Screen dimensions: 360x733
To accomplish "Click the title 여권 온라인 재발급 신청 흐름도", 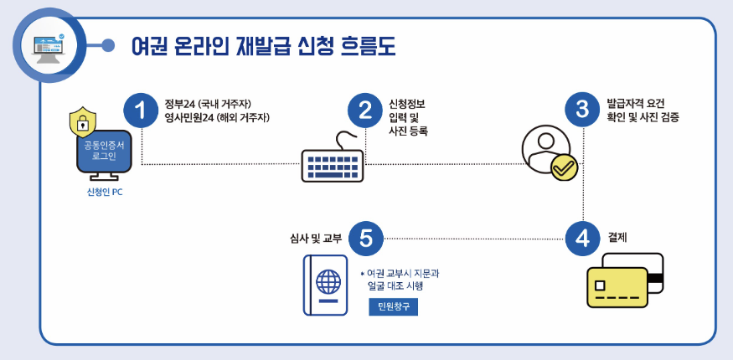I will click(263, 46).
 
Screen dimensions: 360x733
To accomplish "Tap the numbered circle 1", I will click(141, 111).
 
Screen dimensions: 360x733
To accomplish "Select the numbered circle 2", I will click(365, 111).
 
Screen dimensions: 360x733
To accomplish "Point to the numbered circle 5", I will click(365, 239).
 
